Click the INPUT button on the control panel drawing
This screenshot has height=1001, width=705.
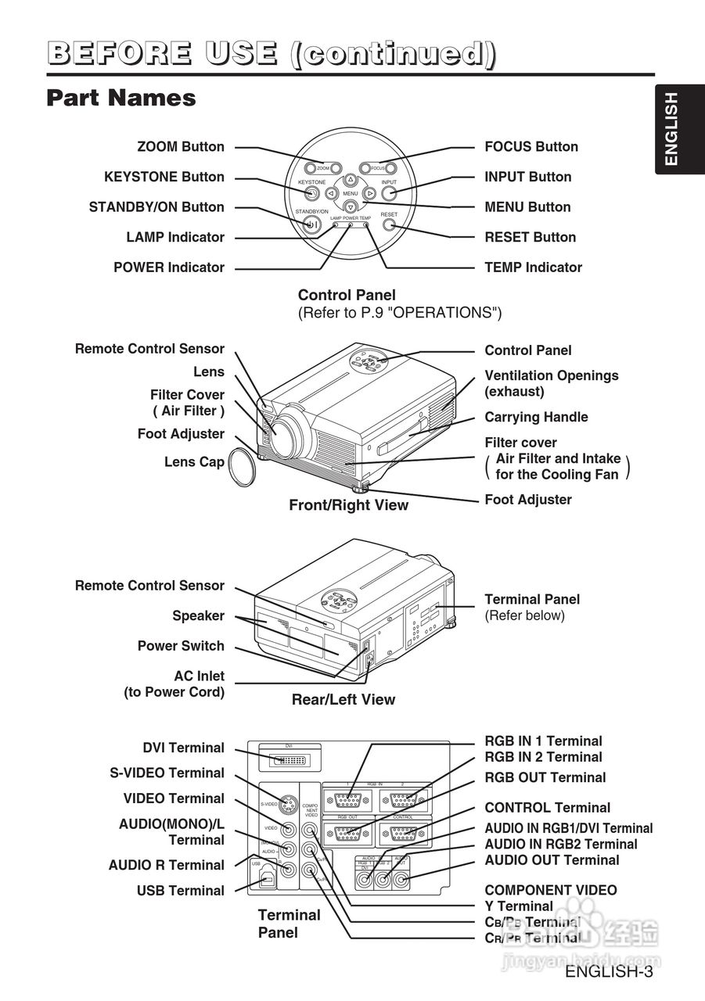pyautogui.click(x=389, y=193)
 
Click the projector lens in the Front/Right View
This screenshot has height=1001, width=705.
pyautogui.click(x=286, y=435)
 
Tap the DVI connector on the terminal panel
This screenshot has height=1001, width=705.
pyautogui.click(x=288, y=760)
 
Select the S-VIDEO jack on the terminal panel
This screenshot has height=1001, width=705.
pyautogui.click(x=289, y=804)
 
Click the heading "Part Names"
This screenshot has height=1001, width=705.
pyautogui.click(x=121, y=99)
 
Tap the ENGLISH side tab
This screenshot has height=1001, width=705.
pyautogui.click(x=671, y=129)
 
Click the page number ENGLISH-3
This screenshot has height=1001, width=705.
pyautogui.click(x=609, y=972)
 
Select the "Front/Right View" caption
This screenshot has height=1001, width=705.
pyautogui.click(x=348, y=505)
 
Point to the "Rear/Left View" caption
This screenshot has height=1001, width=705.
pyautogui.click(x=344, y=699)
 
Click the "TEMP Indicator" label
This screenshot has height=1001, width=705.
pyautogui.click(x=533, y=267)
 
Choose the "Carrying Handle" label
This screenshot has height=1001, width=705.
pyautogui.click(x=536, y=418)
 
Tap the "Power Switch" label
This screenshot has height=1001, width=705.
pyautogui.click(x=181, y=646)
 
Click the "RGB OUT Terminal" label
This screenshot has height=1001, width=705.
pyautogui.click(x=545, y=777)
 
